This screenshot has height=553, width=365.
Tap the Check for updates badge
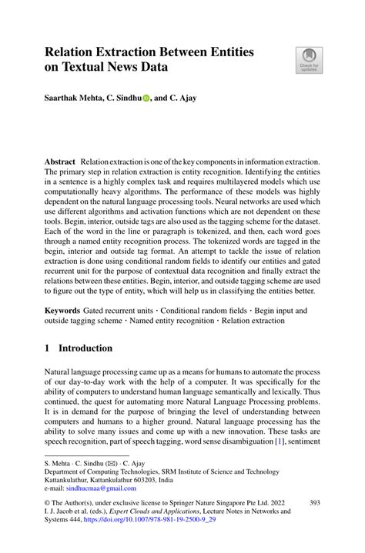(x=310, y=61)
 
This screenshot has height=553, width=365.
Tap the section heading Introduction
(x=85, y=348)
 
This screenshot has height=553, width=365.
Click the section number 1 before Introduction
(x=47, y=348)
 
